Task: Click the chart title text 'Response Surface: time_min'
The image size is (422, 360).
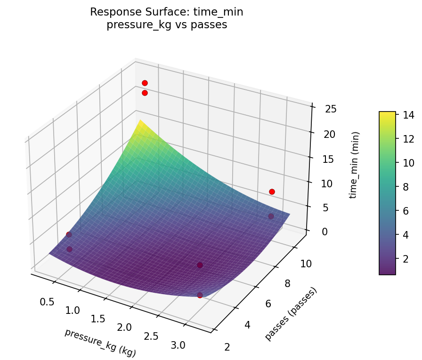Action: click(x=167, y=12)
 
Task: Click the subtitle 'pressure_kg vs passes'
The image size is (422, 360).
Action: click(x=167, y=25)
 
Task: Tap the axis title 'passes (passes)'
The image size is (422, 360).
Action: click(x=291, y=313)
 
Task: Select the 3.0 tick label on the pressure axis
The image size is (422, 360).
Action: click(x=178, y=345)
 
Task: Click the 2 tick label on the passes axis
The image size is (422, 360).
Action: click(x=227, y=347)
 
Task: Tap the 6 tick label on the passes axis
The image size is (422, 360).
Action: click(x=268, y=304)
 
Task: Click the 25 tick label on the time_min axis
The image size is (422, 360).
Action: click(x=331, y=110)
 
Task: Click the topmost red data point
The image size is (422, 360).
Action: click(x=145, y=83)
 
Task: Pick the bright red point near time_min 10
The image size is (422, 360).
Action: click(x=272, y=192)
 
